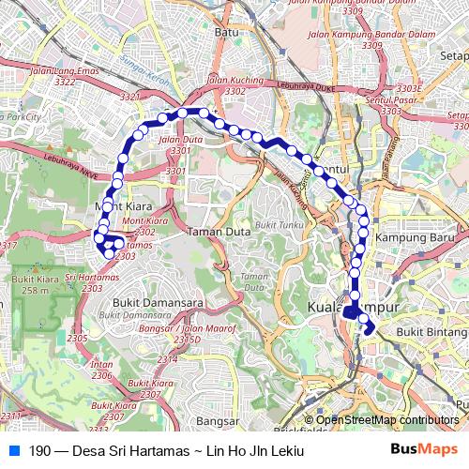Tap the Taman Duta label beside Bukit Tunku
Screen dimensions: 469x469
[215, 231]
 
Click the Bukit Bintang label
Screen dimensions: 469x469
[432, 331]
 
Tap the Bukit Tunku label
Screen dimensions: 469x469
[280, 226]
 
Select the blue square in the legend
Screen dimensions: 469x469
[13, 450]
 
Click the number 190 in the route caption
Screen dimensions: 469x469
[38, 451]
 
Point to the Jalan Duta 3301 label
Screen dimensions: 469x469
[175, 144]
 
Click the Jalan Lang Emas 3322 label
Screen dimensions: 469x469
[66, 76]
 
